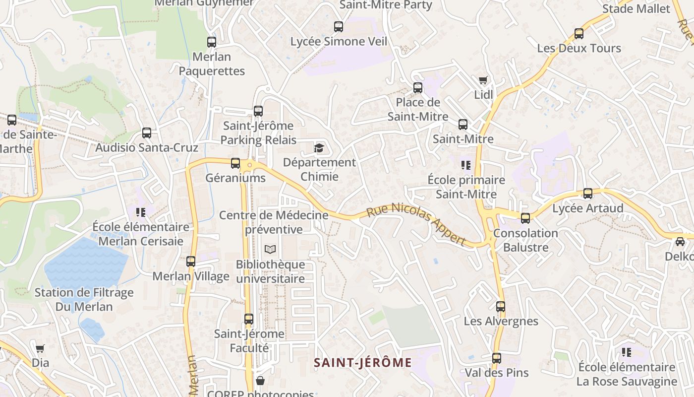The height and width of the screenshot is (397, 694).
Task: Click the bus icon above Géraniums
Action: click(x=235, y=163)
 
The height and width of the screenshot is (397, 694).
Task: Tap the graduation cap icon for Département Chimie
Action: click(x=319, y=148)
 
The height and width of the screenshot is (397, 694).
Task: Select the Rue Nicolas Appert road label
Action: click(x=416, y=224)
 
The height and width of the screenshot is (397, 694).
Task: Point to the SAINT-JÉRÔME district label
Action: click(x=363, y=363)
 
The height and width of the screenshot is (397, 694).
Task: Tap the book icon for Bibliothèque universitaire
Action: click(x=270, y=249)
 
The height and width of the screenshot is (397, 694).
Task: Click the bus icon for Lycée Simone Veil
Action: click(x=339, y=27)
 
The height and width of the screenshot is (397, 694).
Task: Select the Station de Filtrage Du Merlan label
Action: click(x=84, y=300)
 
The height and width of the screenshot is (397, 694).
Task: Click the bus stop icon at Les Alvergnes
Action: click(x=501, y=307)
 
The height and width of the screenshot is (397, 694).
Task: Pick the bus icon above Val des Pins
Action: click(x=497, y=358)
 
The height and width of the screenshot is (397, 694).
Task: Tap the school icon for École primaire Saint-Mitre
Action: click(x=465, y=165)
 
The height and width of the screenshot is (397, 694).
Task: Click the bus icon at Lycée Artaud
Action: click(x=588, y=194)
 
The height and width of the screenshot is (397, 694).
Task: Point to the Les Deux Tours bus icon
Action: click(x=579, y=34)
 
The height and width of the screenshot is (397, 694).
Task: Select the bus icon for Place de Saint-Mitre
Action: click(x=418, y=88)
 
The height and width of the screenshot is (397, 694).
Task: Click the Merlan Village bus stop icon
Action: click(x=191, y=262)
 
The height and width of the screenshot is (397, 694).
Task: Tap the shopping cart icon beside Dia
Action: click(x=40, y=348)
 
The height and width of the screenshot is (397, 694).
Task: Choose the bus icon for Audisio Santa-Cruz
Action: click(x=147, y=133)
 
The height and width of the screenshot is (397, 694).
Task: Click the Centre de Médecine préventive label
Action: click(x=274, y=222)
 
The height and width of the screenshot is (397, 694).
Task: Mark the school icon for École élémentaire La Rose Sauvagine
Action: click(x=627, y=352)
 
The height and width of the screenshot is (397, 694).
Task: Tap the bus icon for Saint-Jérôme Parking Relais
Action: click(x=258, y=111)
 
